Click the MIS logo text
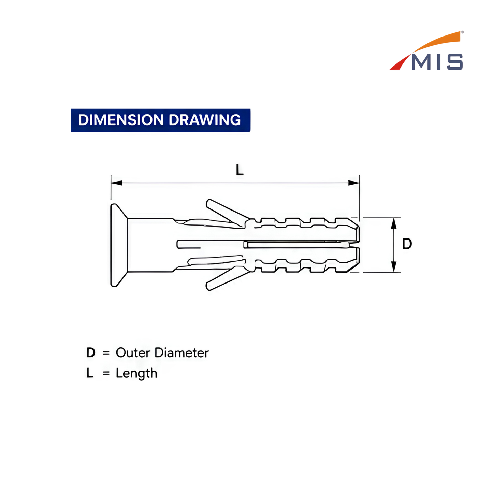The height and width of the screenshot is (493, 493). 437,62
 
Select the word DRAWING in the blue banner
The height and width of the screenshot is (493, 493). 205,120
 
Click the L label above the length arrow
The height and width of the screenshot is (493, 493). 240,170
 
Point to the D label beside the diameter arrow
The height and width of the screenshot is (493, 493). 407,244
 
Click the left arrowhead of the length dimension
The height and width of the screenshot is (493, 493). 116,183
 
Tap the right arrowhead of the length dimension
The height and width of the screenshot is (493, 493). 354,183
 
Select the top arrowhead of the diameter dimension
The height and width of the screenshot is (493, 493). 394,223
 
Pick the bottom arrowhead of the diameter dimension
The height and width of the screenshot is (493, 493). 394,266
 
